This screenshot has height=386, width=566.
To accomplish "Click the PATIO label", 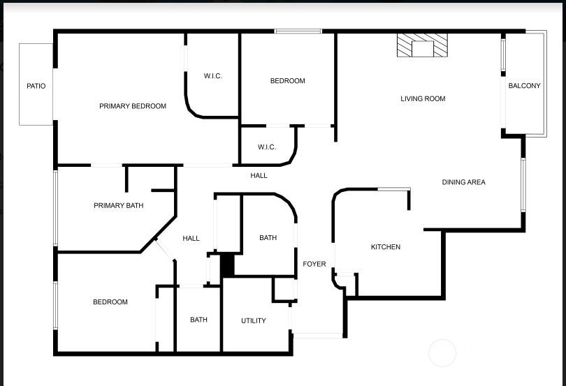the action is [x=36, y=86].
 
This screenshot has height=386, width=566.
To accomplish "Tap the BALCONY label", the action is [x=524, y=85].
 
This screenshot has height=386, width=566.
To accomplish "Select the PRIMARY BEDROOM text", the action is [x=133, y=106].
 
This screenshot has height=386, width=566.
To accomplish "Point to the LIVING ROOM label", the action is [x=423, y=98].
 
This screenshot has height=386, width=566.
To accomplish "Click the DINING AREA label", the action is [x=463, y=182].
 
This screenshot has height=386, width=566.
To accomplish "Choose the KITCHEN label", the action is [x=386, y=247].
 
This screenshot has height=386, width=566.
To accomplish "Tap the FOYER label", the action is [x=314, y=264].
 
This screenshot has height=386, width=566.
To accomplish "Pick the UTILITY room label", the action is [x=254, y=320].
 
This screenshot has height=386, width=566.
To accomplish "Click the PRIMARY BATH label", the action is [x=118, y=206].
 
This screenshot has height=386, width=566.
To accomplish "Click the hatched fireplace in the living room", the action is [x=422, y=45].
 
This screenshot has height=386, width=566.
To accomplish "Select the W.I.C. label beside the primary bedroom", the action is [x=212, y=76].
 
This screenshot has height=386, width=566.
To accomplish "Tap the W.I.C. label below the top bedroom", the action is [x=267, y=147].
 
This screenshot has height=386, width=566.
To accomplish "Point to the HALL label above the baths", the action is [x=259, y=176].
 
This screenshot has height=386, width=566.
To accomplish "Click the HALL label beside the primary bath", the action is [x=191, y=239].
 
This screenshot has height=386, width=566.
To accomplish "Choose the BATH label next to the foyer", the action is [x=268, y=238].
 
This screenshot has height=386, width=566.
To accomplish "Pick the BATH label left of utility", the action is [x=198, y=320].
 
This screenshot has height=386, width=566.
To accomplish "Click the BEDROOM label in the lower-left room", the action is [x=110, y=302].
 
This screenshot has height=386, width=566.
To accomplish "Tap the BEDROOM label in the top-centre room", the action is [x=287, y=81].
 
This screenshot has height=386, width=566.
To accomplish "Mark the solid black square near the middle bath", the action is [x=227, y=265].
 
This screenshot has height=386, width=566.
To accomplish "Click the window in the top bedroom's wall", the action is [x=298, y=31].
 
